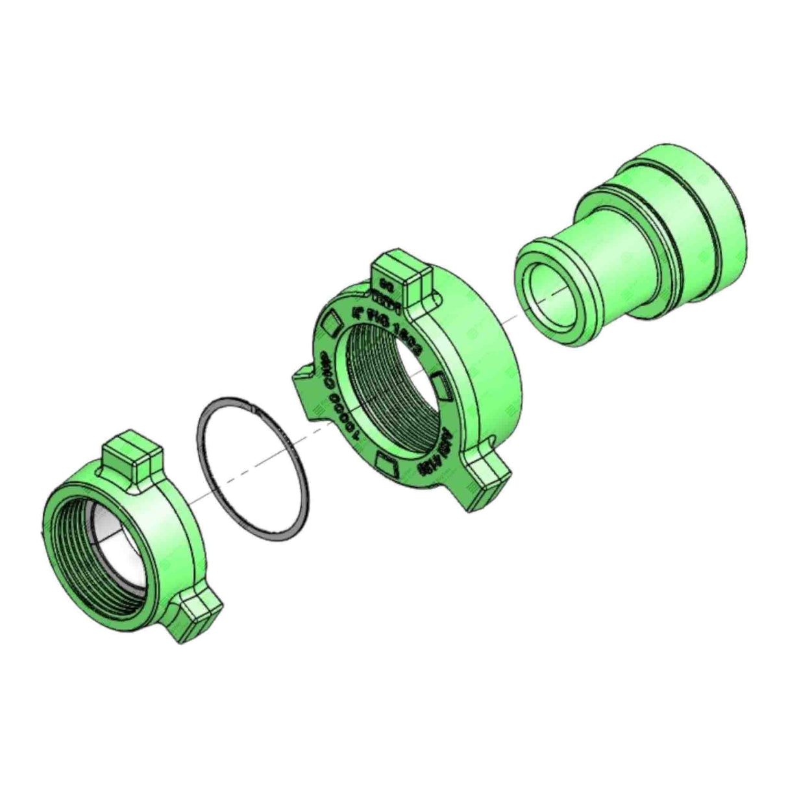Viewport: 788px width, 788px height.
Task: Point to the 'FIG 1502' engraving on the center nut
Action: point(388,327)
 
